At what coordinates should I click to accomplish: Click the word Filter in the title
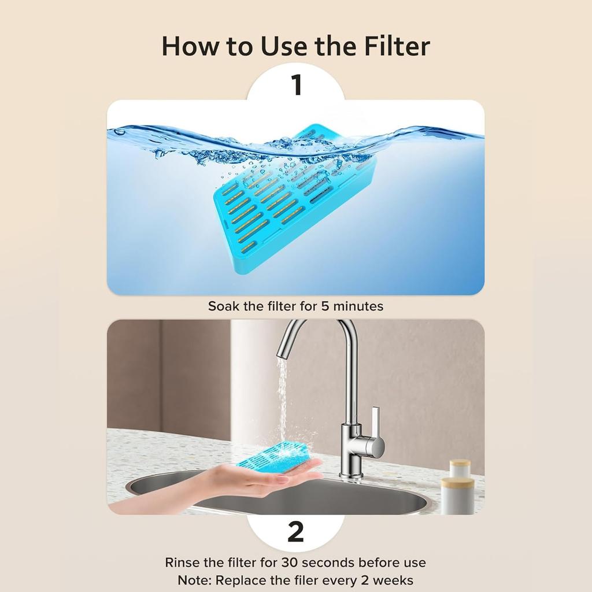[397, 46]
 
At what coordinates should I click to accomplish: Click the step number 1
[296, 84]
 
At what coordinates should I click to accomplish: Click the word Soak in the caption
[224, 306]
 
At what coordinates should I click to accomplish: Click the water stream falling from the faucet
[282, 399]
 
